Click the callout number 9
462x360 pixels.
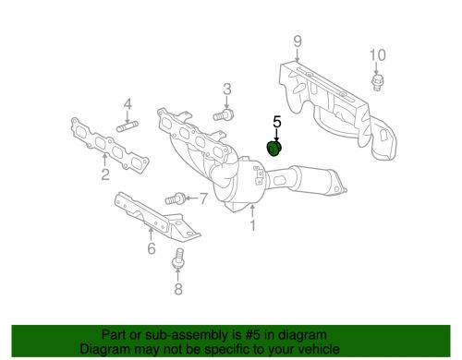298,40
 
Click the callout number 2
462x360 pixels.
104,173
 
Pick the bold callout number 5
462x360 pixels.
275,121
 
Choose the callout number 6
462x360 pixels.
151,246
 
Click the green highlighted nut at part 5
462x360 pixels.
274,149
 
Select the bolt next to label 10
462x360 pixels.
375,84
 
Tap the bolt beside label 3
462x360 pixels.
222,115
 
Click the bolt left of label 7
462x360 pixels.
175,198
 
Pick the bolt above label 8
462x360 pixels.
177,265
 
